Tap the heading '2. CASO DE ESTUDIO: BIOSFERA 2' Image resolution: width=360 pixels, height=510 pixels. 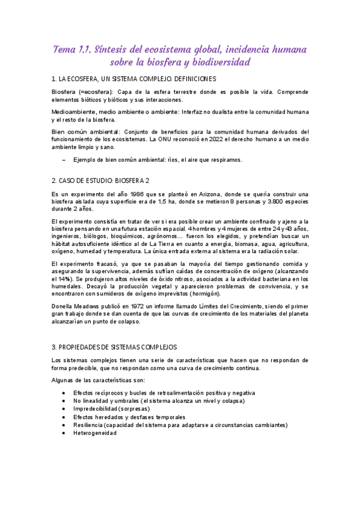pyautogui.click(x=100, y=180)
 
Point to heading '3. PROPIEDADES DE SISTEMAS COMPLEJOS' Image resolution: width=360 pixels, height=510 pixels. pyautogui.click(x=114, y=347)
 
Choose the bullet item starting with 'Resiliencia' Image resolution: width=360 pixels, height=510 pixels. pyautogui.click(x=180, y=425)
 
